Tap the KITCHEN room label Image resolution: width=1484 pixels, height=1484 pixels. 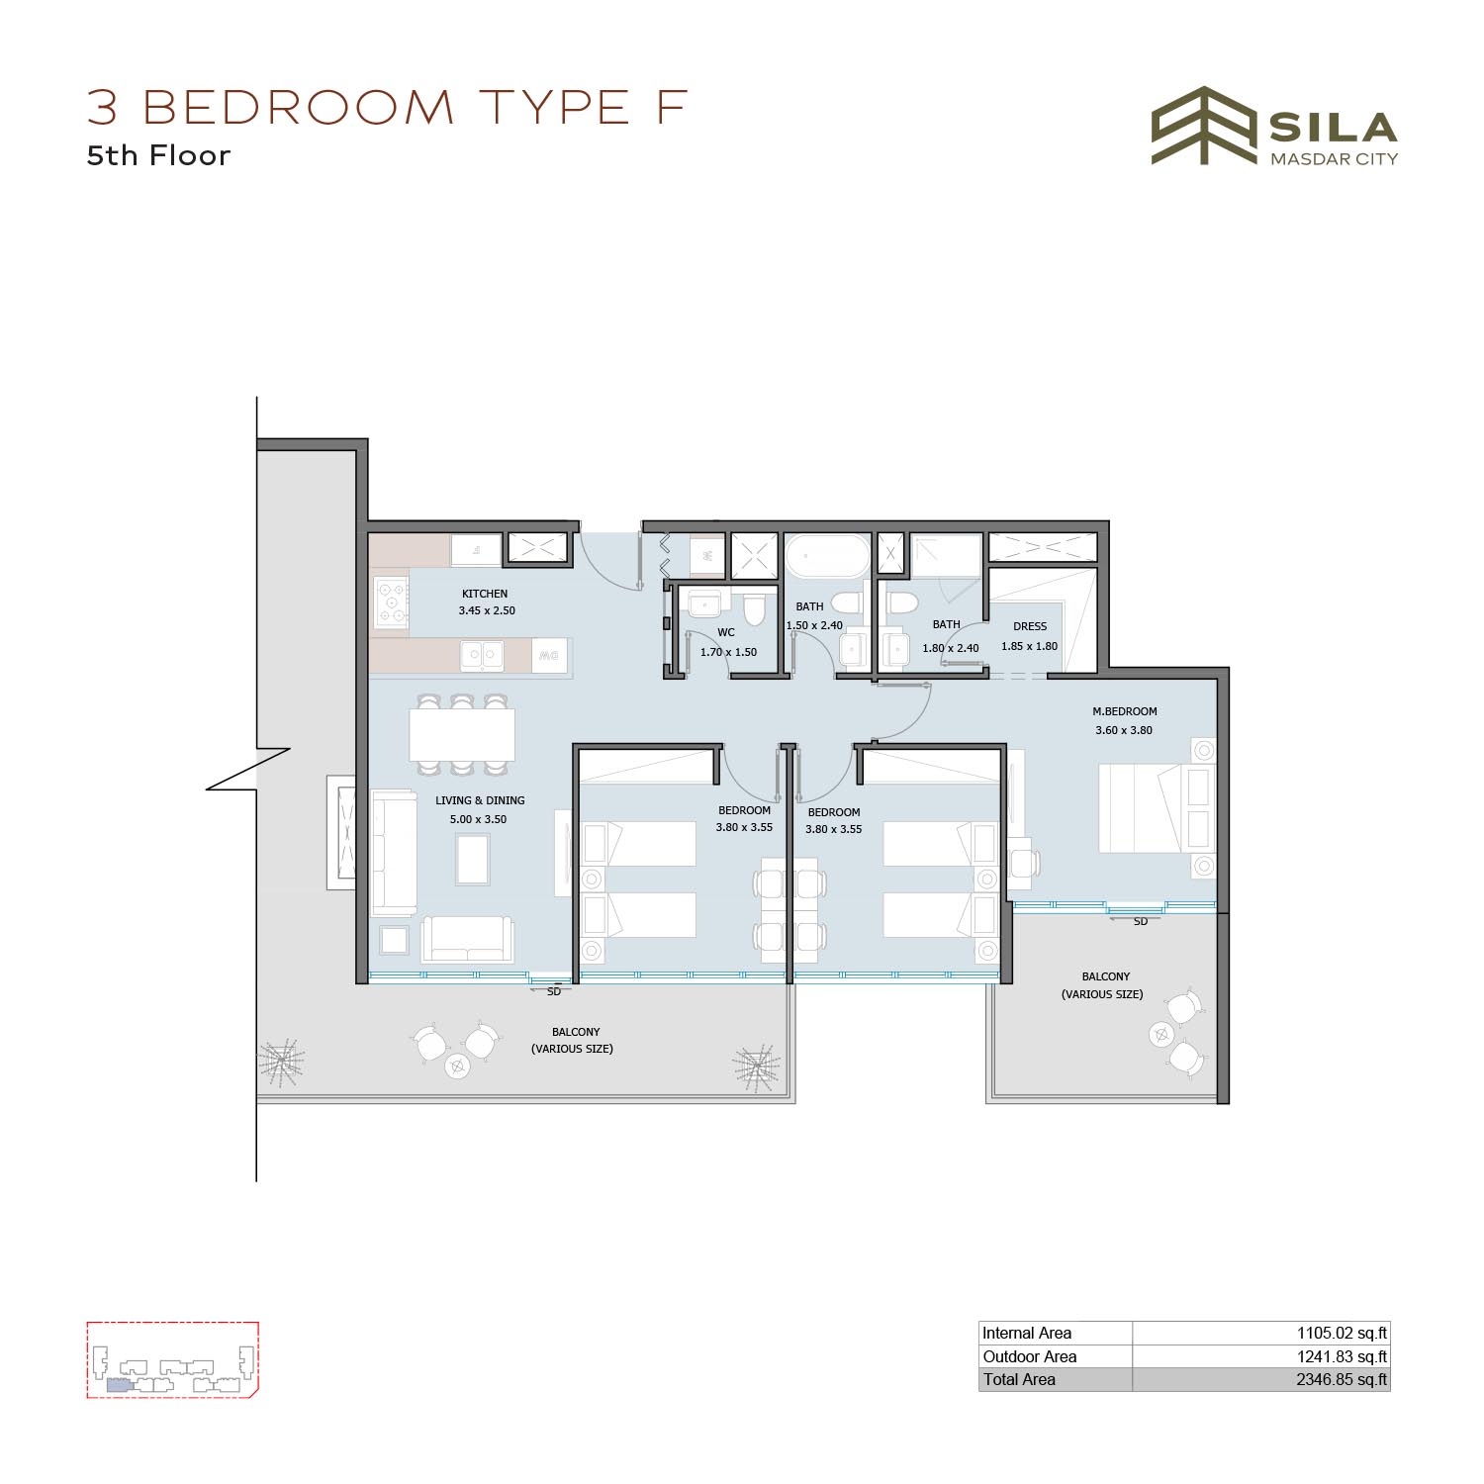coord(485,594)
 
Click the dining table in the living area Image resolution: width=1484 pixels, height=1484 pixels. coord(462,734)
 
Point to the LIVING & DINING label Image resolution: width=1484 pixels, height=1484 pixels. coord(480,800)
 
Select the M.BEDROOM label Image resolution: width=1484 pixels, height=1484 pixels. coord(1125,711)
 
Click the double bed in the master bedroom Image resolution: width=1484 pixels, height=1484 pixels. coord(1143,807)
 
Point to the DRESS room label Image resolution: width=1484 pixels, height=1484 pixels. coord(1030,626)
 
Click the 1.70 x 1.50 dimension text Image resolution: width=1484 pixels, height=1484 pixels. coord(728,652)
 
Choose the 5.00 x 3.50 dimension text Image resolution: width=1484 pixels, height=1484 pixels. coord(478,819)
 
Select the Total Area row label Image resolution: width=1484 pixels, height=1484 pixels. coord(1019,1379)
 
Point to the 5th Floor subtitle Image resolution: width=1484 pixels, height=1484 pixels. coord(158,155)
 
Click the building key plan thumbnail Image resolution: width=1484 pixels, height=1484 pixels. coord(172,1359)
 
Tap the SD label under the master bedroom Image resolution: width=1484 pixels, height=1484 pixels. coord(1141,922)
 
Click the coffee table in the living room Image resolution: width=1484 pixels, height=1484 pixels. coord(472,859)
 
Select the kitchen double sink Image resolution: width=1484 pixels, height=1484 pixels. coord(482,655)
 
